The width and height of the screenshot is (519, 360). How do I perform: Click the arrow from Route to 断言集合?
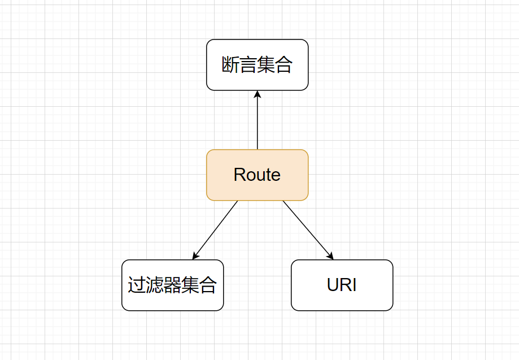(x=257, y=122)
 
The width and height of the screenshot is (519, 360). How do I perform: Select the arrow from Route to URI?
(x=308, y=230)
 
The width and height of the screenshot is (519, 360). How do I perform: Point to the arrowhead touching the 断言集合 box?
(x=257, y=94)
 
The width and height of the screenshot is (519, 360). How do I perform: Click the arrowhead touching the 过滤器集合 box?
(x=195, y=256)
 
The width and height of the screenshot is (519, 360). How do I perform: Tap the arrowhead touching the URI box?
(x=331, y=256)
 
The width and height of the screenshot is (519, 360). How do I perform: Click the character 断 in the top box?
(x=230, y=65)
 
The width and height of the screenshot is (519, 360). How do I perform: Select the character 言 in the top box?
(x=248, y=65)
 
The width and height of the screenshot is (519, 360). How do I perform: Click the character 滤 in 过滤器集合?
(x=154, y=285)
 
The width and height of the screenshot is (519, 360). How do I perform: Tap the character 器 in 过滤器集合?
(x=172, y=285)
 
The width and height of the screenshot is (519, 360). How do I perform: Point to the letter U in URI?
(x=333, y=285)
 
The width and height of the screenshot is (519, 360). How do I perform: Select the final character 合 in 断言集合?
(x=284, y=65)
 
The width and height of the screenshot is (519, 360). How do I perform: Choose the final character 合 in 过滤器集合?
(x=208, y=285)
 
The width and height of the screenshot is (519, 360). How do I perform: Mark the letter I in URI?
(x=354, y=285)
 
